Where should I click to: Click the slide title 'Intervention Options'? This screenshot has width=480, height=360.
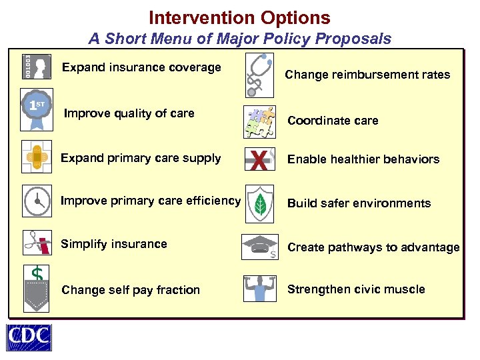click(x=239, y=17)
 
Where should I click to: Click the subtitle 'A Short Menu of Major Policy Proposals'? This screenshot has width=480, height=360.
click(x=240, y=39)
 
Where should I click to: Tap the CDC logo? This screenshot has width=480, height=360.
click(x=29, y=337)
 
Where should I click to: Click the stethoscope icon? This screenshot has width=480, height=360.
click(x=259, y=73)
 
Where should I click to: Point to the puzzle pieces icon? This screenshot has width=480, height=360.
click(x=260, y=121)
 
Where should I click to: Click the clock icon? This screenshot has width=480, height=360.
click(x=37, y=201)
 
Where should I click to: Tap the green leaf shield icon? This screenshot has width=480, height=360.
click(x=260, y=203)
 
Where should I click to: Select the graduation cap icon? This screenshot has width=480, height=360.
click(x=259, y=245)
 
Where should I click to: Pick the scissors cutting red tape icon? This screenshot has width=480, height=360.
click(x=37, y=243)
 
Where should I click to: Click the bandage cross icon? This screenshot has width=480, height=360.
click(x=37, y=157)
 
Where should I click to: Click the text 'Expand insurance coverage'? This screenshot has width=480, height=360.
click(x=141, y=67)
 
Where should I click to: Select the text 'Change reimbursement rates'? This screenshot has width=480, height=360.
click(x=367, y=75)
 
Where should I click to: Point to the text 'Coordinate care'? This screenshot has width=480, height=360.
click(x=333, y=121)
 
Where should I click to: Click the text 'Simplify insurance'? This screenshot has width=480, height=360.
click(x=113, y=244)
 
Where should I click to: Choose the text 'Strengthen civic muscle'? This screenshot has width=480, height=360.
click(x=356, y=289)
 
